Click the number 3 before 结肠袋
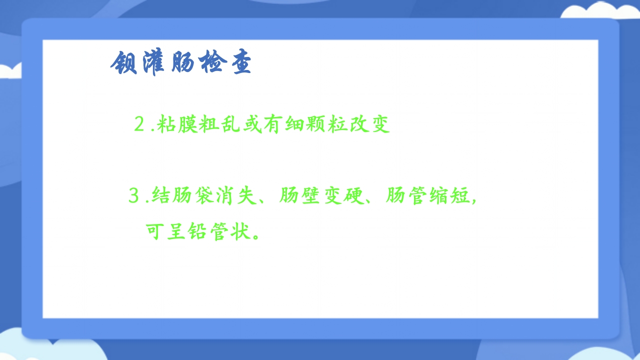point(133,196)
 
